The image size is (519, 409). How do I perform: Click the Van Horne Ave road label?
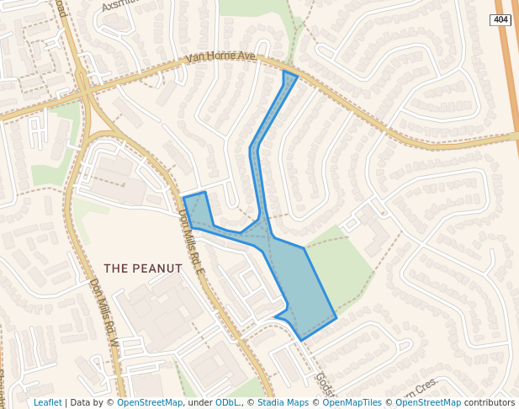coord(220,57)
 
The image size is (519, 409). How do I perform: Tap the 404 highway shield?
coord(500,19)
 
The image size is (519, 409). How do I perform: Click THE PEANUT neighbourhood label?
coord(143,268)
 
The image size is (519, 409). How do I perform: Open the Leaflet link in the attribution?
coord(48,402)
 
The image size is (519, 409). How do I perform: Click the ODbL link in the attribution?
coord(228,402)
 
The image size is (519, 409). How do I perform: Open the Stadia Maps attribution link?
coord(283,402)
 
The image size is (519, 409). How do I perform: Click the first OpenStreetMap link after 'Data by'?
coord(150,402)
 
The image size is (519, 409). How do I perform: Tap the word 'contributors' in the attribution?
coord(489,402)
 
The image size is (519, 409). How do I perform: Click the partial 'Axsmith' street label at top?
coord(118,6)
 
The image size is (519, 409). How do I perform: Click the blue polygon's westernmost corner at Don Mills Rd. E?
coord(183,199)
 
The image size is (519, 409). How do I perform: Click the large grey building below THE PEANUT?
coord(160,311)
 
